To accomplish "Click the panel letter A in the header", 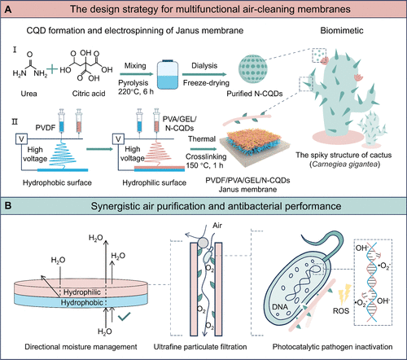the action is tap(8, 9).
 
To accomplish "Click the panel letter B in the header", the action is tap(8, 205).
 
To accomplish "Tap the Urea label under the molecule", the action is tap(28, 94).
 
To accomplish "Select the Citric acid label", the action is tap(89, 94).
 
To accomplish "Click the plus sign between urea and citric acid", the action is tap(52, 68).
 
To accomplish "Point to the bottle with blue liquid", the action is tap(168, 75).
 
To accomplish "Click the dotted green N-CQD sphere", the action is tap(252, 68).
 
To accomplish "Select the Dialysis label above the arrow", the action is tap(204, 66).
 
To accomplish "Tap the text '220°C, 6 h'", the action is tap(136, 91).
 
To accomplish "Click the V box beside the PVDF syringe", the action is tap(21, 139).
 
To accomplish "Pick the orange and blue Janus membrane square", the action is tap(255, 147).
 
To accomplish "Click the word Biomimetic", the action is tap(342, 30).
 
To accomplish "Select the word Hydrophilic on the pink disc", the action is tap(82, 292).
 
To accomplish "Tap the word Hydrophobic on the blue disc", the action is tap(82, 302).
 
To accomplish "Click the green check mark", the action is tap(124, 317).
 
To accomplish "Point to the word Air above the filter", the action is tap(217, 226).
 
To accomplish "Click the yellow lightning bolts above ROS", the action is tap(345, 294).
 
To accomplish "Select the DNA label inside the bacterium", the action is tap(280, 307).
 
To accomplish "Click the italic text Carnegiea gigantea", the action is tap(344, 165).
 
